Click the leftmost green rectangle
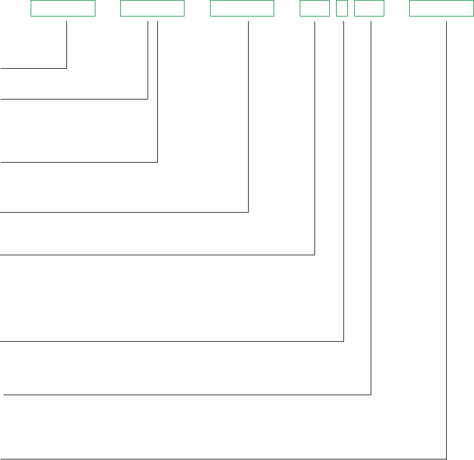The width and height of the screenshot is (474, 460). pyautogui.click(x=62, y=9)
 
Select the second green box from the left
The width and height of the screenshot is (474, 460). pyautogui.click(x=152, y=9)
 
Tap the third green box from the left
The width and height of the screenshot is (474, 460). pyautogui.click(x=242, y=9)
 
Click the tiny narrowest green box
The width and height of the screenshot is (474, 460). pyautogui.click(x=342, y=9)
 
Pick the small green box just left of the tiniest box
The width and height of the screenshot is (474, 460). pyautogui.click(x=314, y=9)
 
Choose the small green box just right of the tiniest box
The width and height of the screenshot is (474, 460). pyautogui.click(x=368, y=9)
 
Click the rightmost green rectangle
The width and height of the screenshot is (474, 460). pyautogui.click(x=438, y=9)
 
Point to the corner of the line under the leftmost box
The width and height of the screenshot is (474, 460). pyautogui.click(x=67, y=68)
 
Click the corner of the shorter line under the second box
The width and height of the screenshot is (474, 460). pyautogui.click(x=148, y=99)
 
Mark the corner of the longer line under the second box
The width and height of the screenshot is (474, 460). pyautogui.click(x=157, y=162)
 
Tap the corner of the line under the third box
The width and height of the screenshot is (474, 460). pyautogui.click(x=249, y=212)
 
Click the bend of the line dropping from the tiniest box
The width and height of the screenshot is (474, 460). pyautogui.click(x=344, y=341)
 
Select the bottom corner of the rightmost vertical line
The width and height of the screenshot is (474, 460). pyautogui.click(x=447, y=458)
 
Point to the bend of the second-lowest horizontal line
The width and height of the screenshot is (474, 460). pyautogui.click(x=371, y=394)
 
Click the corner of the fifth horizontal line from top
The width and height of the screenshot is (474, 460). pyautogui.click(x=314, y=255)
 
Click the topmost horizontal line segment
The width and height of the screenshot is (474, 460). pyautogui.click(x=34, y=68)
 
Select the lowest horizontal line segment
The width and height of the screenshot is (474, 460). pyautogui.click(x=227, y=458)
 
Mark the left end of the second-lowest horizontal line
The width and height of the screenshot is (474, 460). pyautogui.click(x=5, y=394)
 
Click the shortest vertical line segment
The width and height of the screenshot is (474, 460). pyautogui.click(x=67, y=45)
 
